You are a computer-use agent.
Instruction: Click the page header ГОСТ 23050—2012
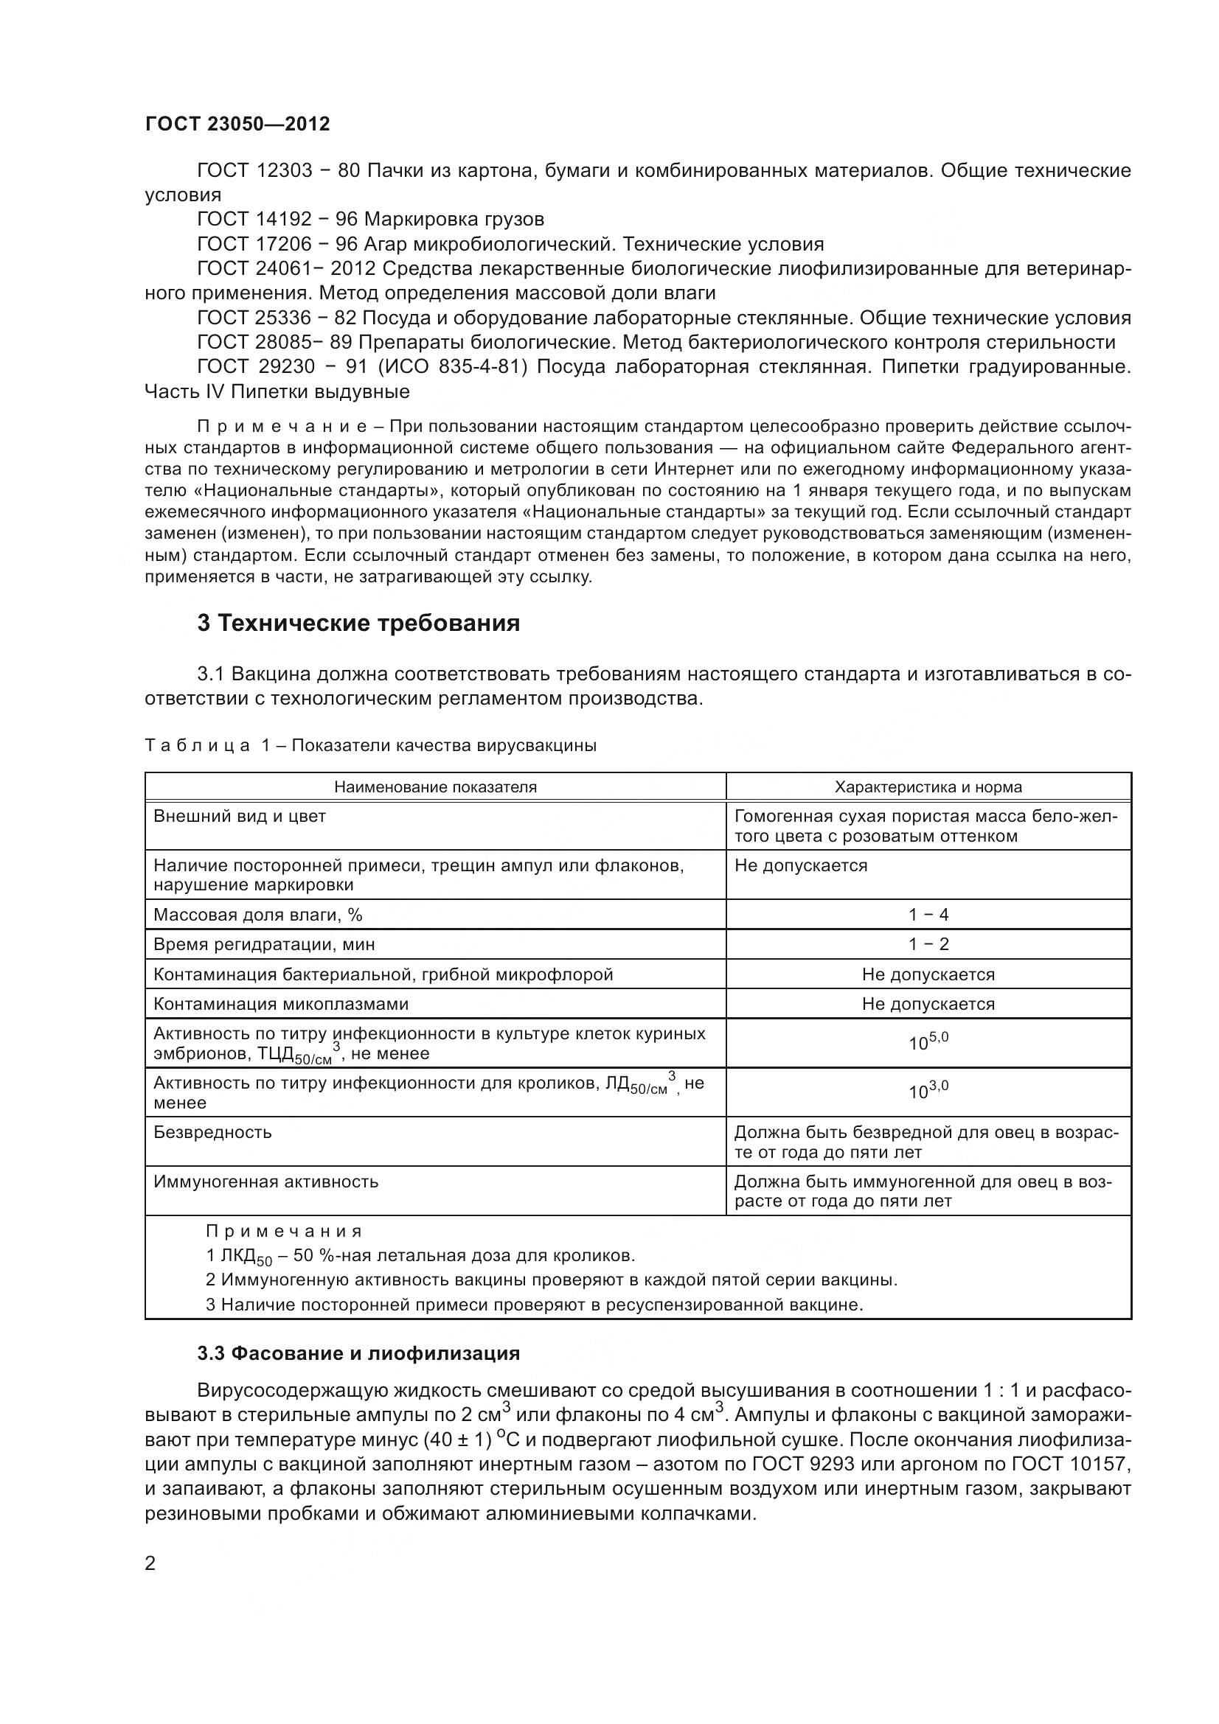coord(237,124)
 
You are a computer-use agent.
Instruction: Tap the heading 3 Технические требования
coord(358,624)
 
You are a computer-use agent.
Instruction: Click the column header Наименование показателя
coord(435,787)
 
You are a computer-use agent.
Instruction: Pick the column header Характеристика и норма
coord(928,787)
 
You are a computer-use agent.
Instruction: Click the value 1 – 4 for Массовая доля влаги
coord(928,915)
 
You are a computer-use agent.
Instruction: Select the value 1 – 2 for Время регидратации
coord(928,944)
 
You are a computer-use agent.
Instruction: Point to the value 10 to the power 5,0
coord(928,1041)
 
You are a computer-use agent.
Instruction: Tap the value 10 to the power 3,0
coord(928,1090)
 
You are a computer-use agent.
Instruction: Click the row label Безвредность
coord(212,1131)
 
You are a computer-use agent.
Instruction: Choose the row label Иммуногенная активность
coord(266,1181)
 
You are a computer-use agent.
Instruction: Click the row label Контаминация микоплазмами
coord(281,1004)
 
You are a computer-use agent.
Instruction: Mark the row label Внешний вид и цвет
coord(240,816)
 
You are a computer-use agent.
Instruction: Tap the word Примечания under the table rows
coord(284,1232)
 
